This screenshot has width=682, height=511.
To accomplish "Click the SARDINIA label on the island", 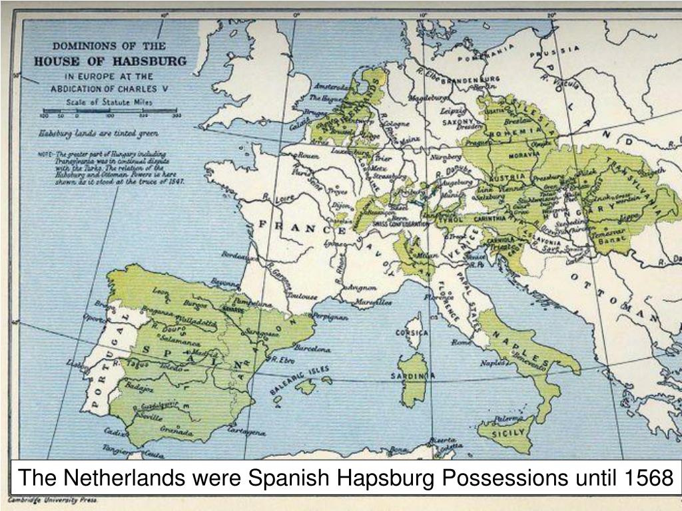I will pyautogui.click(x=414, y=377).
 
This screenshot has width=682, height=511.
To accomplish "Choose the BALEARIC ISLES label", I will pyautogui.click(x=300, y=379).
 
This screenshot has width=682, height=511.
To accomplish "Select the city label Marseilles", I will pyautogui.click(x=373, y=302).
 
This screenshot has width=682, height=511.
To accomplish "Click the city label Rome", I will pyautogui.click(x=460, y=343).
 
